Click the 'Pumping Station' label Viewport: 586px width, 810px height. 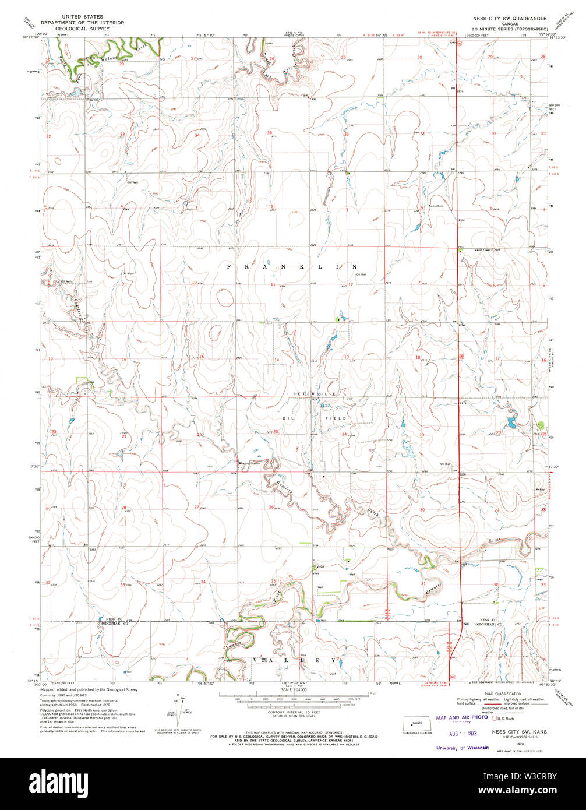click(x=248, y=463)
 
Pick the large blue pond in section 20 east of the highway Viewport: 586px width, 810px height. click(x=511, y=421)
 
